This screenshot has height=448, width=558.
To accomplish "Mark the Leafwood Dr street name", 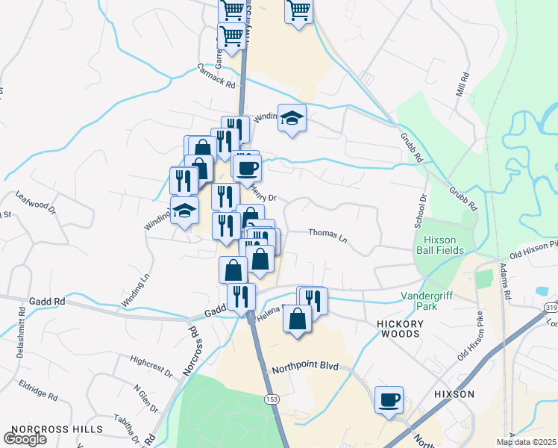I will click(36, 202).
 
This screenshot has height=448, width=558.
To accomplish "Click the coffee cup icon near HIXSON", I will click(389, 400).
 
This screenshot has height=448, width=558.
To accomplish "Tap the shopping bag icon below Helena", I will click(297, 319).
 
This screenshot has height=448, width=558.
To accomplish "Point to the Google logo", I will click(25, 439).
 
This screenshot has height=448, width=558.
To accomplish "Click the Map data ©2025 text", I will click(526, 442).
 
